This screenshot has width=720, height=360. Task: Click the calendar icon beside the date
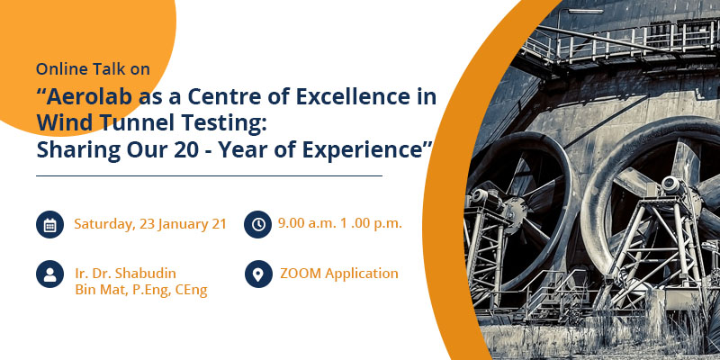coord(49,224)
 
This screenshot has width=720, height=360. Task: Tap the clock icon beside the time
coord(258,224)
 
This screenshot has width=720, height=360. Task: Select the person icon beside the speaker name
coord(49,274)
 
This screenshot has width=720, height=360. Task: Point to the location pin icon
coord(258,274)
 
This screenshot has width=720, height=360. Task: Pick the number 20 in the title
coord(184,150)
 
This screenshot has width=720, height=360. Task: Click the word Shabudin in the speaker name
coord(146,274)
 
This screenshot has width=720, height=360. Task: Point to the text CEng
coord(191,290)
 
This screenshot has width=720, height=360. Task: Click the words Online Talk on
coord(93,69)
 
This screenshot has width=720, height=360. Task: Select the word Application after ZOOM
coord(362,274)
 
